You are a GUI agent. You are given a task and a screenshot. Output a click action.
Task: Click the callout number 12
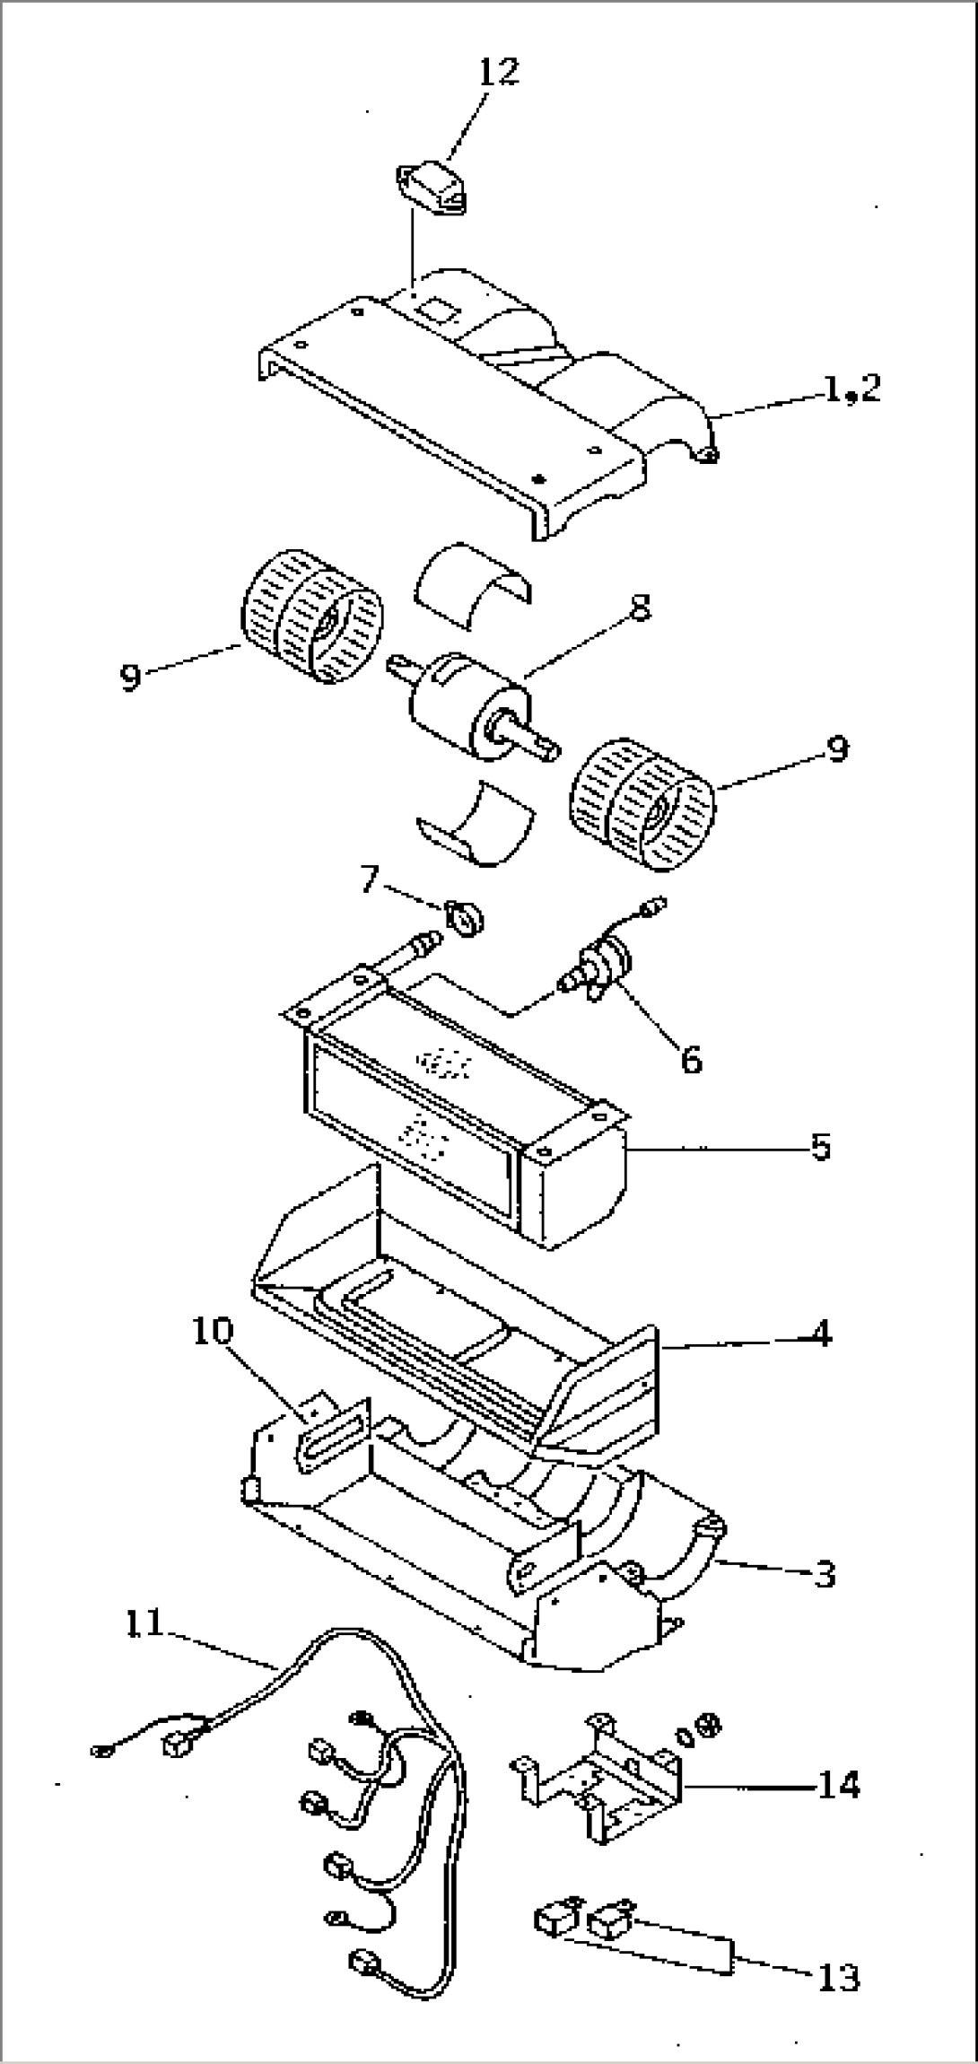tap(498, 71)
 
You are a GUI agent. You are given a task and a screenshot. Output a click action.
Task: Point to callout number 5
tap(820, 1147)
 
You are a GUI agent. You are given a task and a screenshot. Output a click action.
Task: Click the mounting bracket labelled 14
tap(596, 1767)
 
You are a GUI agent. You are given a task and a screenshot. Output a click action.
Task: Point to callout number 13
tap(839, 1972)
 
